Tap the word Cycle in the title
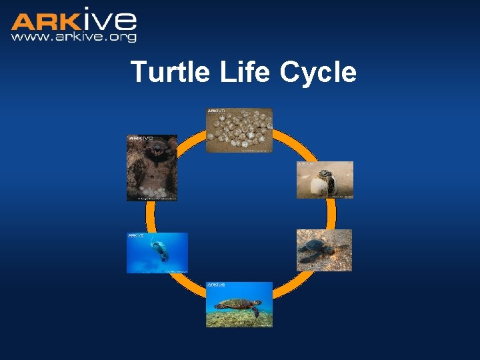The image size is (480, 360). click(319, 72)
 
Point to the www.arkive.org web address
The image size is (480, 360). click(73, 37)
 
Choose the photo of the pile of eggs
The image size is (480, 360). click(239, 131)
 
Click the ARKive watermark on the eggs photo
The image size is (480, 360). click(217, 111)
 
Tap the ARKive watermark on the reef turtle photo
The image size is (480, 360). click(217, 285)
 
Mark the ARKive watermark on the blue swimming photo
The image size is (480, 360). click(136, 235)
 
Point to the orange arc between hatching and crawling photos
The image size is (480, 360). click(331, 214)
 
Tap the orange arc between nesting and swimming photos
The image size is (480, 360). click(150, 217)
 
